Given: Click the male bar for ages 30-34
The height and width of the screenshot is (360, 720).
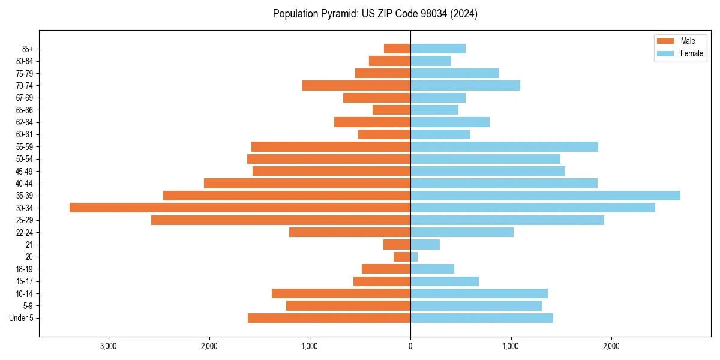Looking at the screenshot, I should click(240, 208).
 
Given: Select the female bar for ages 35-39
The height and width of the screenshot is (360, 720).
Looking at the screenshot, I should click(545, 196).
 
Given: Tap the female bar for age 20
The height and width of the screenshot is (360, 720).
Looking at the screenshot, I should click(414, 257).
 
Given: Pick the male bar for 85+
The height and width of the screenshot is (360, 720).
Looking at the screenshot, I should click(397, 49).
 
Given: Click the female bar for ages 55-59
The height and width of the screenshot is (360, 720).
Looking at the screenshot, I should click(504, 147).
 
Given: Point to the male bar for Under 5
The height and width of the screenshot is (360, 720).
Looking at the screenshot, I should click(329, 318).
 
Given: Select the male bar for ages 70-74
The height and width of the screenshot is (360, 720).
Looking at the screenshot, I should click(356, 86).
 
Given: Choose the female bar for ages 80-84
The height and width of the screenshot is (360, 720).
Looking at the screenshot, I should click(431, 61).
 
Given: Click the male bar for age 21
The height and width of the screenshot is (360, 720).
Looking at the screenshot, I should click(397, 245).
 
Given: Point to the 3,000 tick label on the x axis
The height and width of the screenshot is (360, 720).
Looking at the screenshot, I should click(109, 346).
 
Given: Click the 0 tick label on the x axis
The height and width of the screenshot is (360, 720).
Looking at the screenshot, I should click(410, 346).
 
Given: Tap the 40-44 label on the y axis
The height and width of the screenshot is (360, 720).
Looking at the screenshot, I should click(25, 184).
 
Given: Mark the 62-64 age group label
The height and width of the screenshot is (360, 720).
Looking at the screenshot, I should click(25, 122).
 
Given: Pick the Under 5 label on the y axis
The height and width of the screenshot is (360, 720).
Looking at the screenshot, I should click(21, 318).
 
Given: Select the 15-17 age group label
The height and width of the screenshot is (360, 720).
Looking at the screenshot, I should click(25, 281).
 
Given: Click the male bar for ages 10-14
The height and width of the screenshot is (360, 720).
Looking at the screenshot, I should click(341, 293).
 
